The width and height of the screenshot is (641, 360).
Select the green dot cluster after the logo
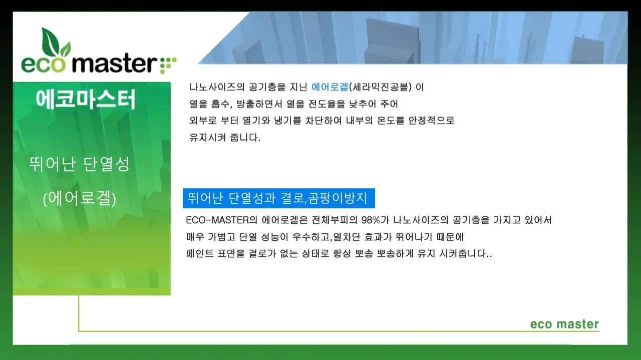click(x=168, y=64)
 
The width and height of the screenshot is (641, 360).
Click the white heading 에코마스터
click(x=86, y=99)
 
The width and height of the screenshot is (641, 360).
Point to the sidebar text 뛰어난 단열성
click(x=79, y=164)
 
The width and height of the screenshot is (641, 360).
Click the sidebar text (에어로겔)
click(x=80, y=199)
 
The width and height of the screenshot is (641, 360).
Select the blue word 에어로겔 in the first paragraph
click(x=330, y=87)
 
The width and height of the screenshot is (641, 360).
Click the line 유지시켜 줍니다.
click(x=225, y=137)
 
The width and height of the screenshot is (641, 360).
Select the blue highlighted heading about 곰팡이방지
click(x=278, y=198)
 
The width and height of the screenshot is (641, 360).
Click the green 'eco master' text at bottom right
click(x=564, y=324)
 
